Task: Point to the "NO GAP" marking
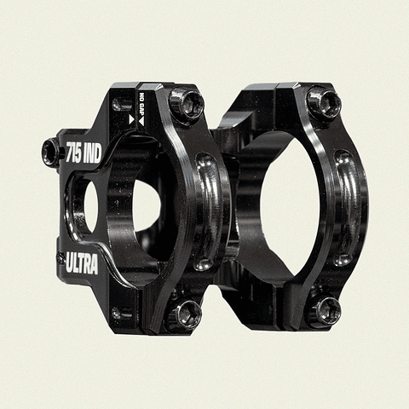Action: point(141,106)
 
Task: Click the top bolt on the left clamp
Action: point(186,105)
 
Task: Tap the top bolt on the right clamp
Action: point(325,104)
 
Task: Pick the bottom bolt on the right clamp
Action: point(325,311)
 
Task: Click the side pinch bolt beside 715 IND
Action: point(50,151)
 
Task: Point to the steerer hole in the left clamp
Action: point(141,209)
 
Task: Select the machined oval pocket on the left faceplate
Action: point(204,209)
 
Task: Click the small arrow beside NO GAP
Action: point(132,119)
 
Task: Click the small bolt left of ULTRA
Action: point(60,256)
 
